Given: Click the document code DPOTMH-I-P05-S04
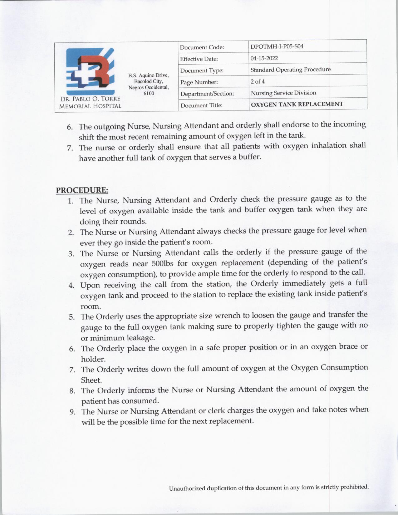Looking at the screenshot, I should [277, 47].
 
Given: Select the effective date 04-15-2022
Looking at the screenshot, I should [264, 58].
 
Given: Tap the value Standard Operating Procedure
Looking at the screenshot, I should [290, 70].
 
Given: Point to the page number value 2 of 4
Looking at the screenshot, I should [258, 81].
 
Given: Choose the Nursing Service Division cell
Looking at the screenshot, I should [283, 93].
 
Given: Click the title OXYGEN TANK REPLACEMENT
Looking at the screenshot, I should [297, 104].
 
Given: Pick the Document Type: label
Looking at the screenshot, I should [202, 71].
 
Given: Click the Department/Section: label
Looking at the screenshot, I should [207, 94].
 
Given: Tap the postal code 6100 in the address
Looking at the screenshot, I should [149, 93].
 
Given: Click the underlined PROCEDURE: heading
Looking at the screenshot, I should [82, 190].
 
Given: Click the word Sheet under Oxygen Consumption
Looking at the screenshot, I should [91, 380].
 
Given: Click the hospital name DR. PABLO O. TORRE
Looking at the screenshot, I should [90, 99].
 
